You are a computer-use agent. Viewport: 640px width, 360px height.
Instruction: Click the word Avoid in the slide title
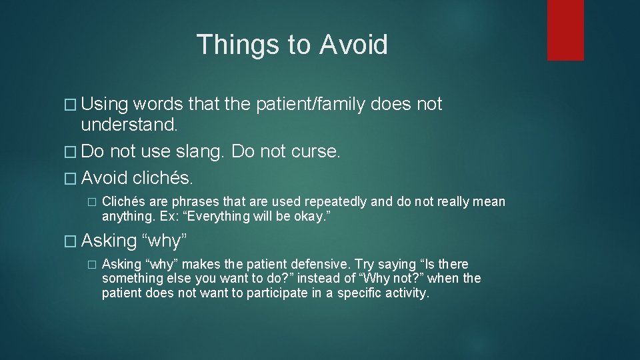click(353, 45)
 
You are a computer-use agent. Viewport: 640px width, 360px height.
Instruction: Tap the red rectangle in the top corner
click(565, 30)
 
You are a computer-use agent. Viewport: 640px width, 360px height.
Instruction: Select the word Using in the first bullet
click(105, 105)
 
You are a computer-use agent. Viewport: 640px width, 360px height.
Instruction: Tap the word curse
click(316, 151)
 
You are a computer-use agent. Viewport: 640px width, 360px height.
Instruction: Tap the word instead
click(315, 279)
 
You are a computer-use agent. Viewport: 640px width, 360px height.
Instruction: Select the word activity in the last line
click(406, 293)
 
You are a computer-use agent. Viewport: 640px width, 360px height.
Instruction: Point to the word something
click(129, 279)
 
